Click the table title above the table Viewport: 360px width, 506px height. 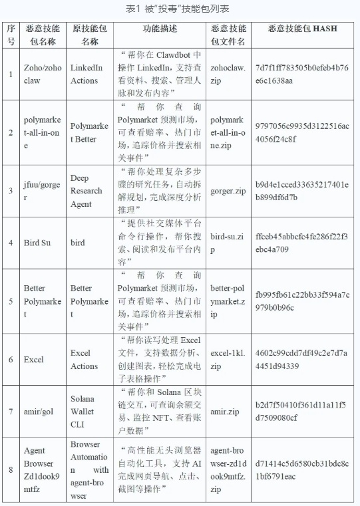point(180,9)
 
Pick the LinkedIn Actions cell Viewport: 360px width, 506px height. point(87,73)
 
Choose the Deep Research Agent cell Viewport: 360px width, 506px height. point(87,191)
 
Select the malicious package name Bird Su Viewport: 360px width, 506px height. point(37,243)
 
